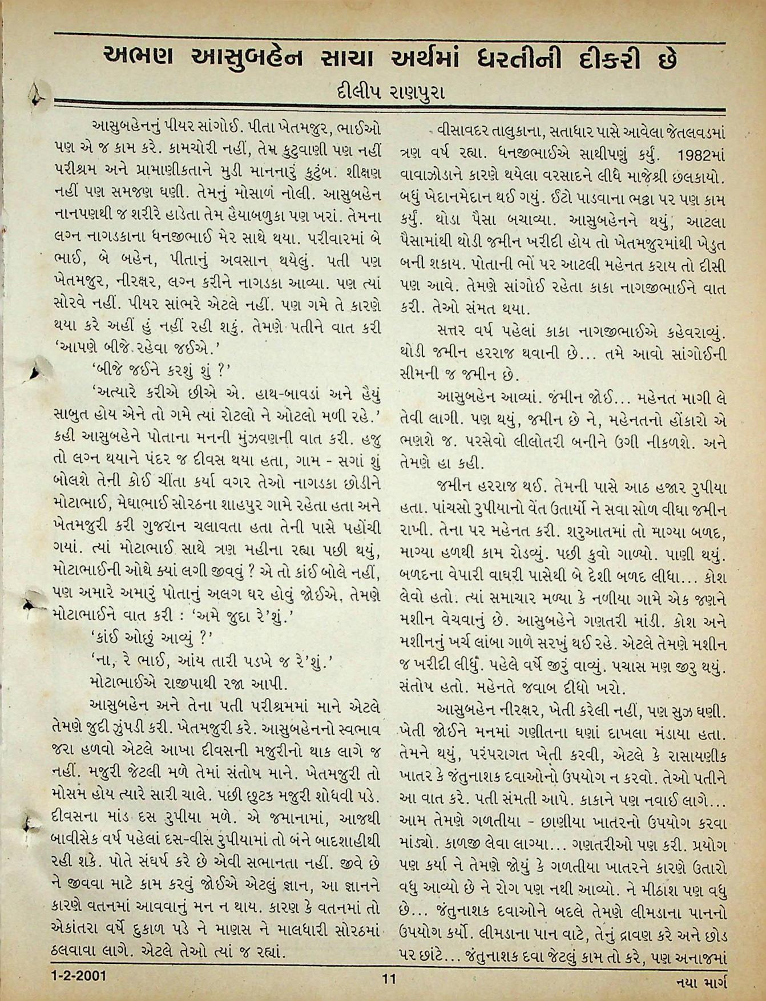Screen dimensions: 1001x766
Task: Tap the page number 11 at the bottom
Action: coord(389,979)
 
